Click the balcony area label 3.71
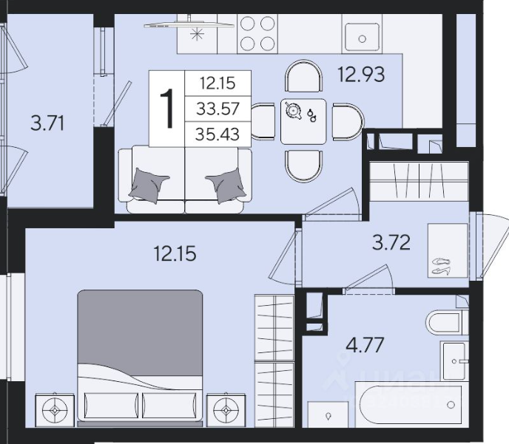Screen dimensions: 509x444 coord(47,123)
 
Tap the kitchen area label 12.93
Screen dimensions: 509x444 coord(361,74)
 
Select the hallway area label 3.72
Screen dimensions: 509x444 coord(391,242)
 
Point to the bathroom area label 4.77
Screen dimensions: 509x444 coord(365,345)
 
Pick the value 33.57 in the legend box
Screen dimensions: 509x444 coord(218,109)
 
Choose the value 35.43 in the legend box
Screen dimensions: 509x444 coord(218,134)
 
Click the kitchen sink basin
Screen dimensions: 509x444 coord(362,37)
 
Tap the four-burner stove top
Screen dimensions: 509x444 coord(257,33)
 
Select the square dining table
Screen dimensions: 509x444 coord(303,122)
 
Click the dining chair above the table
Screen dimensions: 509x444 coord(304,76)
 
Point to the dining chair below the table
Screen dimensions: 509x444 coord(304,166)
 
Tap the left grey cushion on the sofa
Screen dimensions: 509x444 coord(149,185)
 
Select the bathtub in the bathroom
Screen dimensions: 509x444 coord(411,405)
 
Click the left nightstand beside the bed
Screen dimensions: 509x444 coord(55,410)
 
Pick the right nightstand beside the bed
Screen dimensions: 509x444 coord(226,409)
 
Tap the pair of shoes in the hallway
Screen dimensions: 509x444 coord(441,267)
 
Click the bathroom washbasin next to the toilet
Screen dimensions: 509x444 coord(454,361)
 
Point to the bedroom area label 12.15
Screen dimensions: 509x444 coord(175,253)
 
